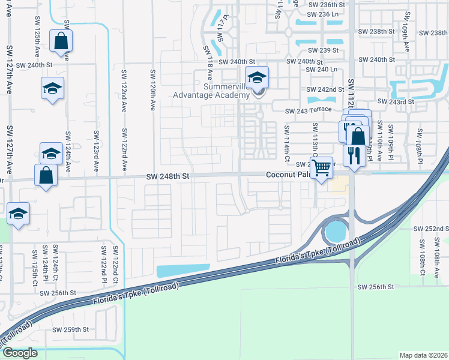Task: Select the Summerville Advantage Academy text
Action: tap(211, 91)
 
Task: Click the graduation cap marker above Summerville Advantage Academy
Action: tap(257, 78)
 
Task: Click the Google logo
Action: tap(19, 353)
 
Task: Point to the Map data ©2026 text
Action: tap(423, 355)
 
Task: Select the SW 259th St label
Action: tap(70, 329)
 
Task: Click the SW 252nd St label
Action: tap(431, 229)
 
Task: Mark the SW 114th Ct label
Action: tap(287, 140)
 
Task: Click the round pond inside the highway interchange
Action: tap(335, 230)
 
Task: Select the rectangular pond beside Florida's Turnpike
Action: tap(183, 271)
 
